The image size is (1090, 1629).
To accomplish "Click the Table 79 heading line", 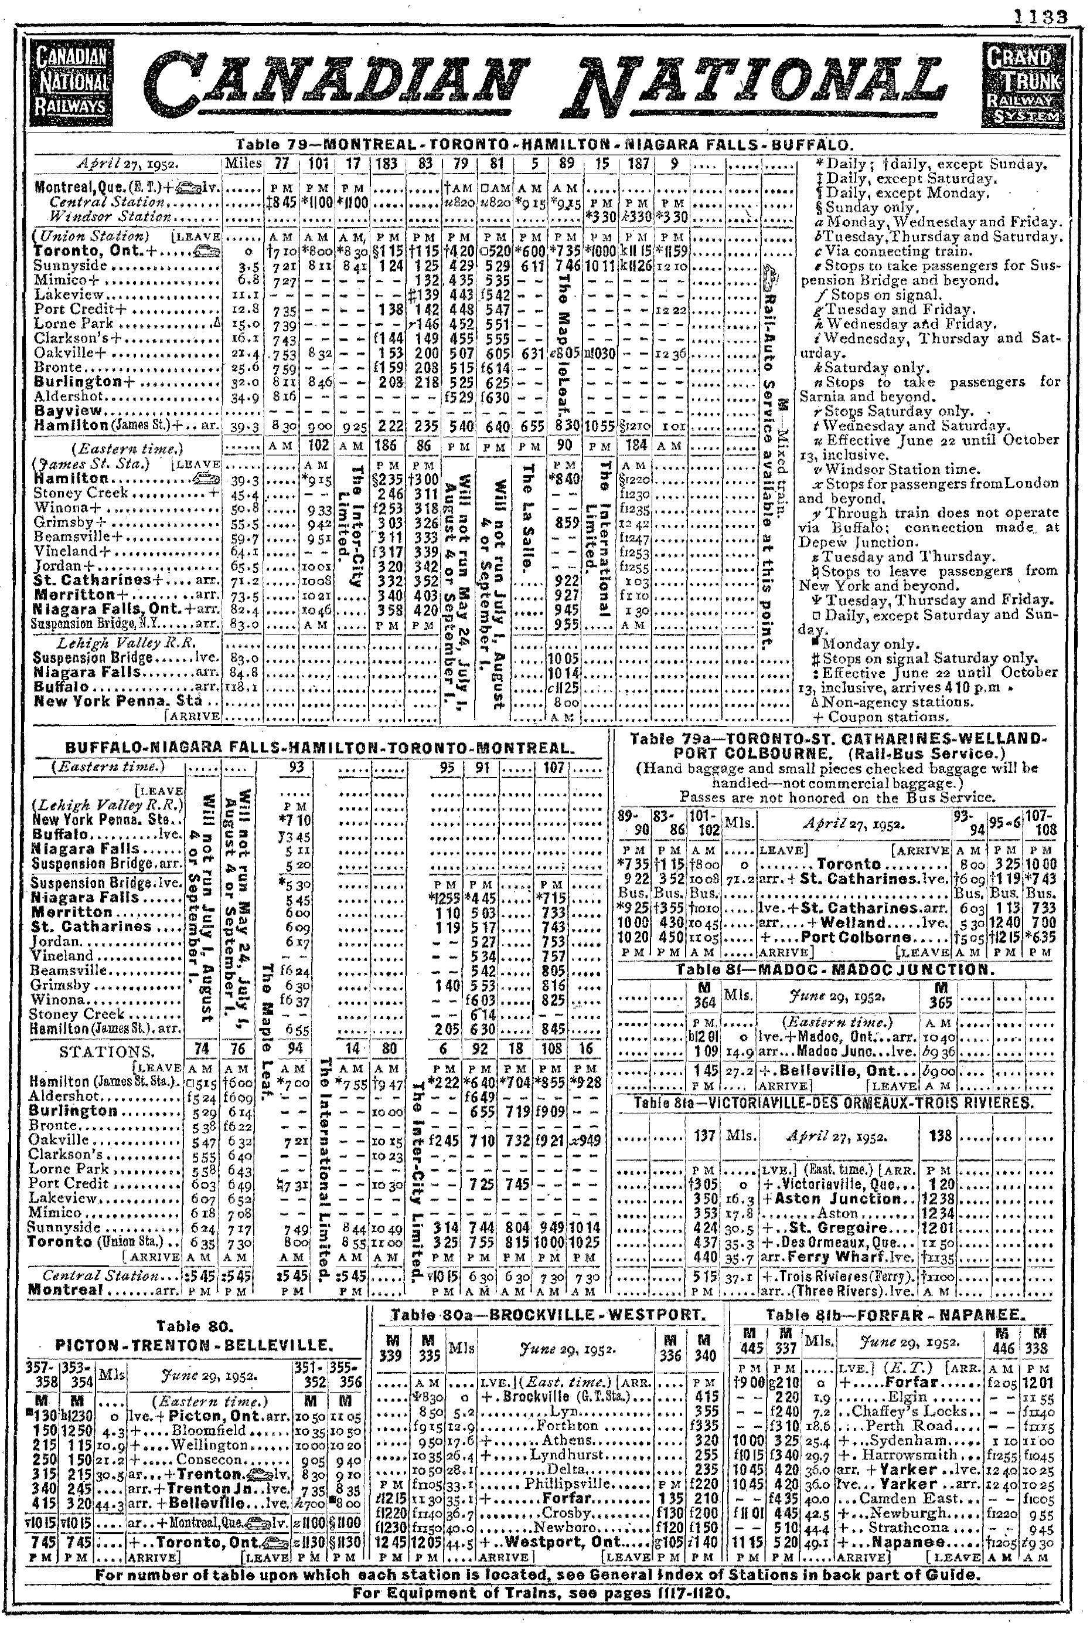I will point(544,145).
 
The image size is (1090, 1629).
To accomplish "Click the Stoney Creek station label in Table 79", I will point(81,493).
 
